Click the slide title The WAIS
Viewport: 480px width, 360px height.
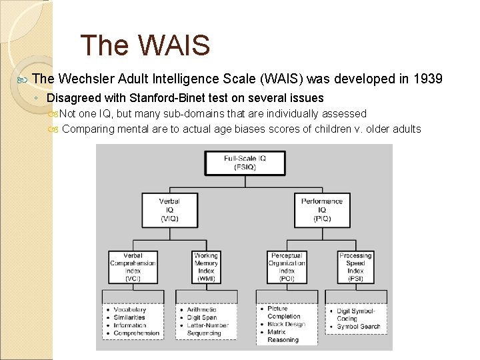[145, 46]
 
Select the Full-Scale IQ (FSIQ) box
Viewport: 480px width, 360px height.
[245, 163]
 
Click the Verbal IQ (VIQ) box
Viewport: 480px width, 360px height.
[169, 209]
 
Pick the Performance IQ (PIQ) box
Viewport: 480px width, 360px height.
[321, 209]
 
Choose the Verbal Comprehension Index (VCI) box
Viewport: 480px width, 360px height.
[132, 267]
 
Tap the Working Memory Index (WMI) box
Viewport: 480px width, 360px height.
[206, 267]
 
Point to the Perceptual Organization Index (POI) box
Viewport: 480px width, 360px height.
[287, 267]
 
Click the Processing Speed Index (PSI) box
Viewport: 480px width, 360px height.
[355, 267]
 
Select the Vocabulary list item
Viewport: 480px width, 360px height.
[129, 310]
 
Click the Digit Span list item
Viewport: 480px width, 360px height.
[203, 318]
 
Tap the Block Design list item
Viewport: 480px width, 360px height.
[286, 324]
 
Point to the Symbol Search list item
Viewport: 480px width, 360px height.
[359, 327]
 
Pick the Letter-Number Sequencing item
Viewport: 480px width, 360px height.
[208, 329]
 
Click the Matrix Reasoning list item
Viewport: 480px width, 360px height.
[283, 336]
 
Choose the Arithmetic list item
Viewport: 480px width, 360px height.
[202, 310]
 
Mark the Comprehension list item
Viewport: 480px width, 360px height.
[137, 333]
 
